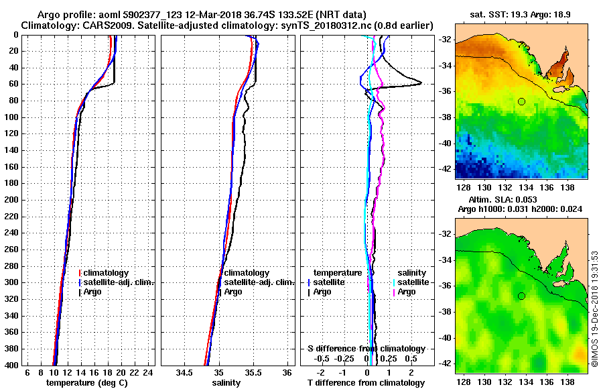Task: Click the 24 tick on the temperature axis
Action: pos(149,373)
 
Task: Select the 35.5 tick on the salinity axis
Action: pos(253,373)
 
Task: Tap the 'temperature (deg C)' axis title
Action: pos(86,382)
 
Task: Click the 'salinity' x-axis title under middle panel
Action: pos(226,382)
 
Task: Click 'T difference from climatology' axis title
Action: pos(366,382)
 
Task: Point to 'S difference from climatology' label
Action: pos(366,349)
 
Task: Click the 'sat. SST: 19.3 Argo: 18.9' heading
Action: pos(521,14)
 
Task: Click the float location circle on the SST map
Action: pos(521,101)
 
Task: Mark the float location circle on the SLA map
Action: pos(521,296)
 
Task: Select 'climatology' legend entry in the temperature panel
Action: pos(108,273)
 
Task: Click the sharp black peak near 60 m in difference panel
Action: pos(421,83)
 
